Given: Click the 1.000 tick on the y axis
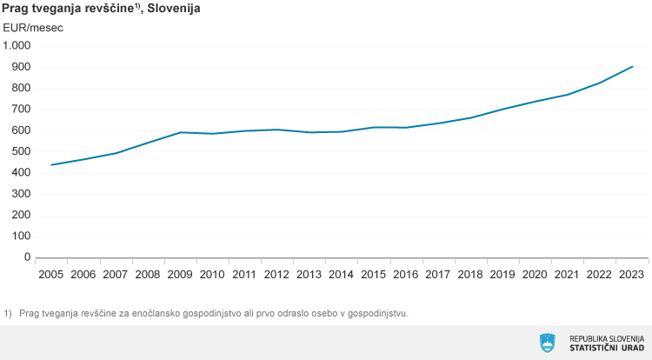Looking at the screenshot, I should point(17,45).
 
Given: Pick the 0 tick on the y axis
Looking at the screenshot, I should point(27,257).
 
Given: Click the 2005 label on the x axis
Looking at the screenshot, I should point(51,275).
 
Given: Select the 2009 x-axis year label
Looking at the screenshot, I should point(179,275).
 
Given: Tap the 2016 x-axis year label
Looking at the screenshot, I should point(406,275).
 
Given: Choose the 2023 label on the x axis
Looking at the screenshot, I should point(632,275).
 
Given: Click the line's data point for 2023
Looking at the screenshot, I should point(632,66).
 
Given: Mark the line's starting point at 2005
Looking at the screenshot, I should point(51,164).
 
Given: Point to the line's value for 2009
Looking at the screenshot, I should point(179,132).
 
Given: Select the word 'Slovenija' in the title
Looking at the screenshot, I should point(175,9).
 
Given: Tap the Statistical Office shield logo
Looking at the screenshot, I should point(548,343).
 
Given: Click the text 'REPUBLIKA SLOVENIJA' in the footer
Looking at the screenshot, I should point(606,338).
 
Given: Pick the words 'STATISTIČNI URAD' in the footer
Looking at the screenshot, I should point(606,349).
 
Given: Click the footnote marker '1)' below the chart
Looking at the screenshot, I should point(8,313).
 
